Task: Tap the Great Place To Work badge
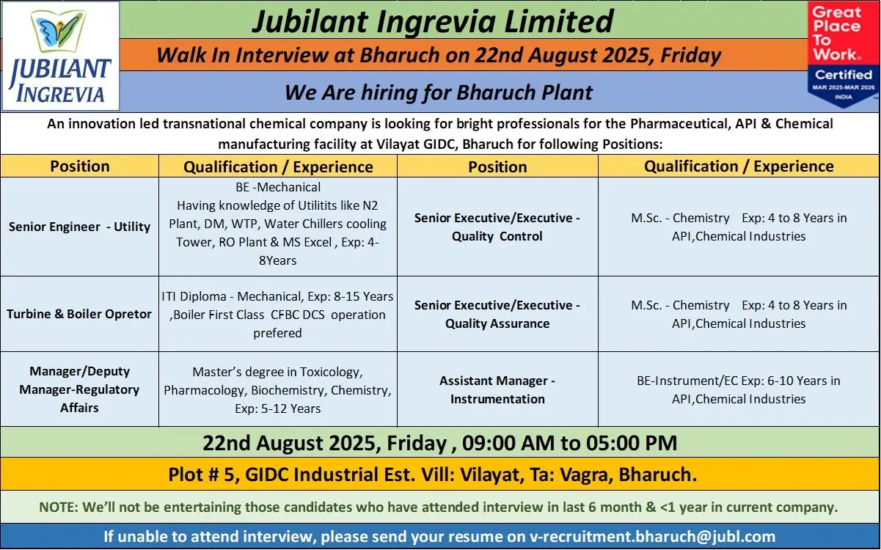click(x=843, y=55)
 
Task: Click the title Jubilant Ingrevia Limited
click(x=433, y=21)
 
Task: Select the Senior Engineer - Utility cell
click(x=79, y=227)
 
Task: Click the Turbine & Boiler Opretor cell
click(x=79, y=314)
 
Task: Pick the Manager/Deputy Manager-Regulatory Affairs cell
click(x=79, y=389)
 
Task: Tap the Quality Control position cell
click(x=497, y=227)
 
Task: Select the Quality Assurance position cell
click(x=497, y=314)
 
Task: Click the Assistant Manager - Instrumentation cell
click(x=497, y=389)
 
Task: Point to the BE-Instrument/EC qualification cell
click(x=739, y=389)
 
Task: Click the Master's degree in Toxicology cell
click(x=278, y=389)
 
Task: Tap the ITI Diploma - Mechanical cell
click(x=278, y=314)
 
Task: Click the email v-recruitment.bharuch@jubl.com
click(x=652, y=537)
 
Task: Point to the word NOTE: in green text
click(x=59, y=507)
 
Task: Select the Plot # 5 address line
click(x=433, y=474)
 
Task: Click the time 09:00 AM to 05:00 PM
click(x=569, y=443)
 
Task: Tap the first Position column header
click(x=80, y=166)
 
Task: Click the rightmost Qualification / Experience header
click(x=739, y=166)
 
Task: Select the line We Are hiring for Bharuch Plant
click(x=439, y=93)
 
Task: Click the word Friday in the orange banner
click(x=690, y=55)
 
